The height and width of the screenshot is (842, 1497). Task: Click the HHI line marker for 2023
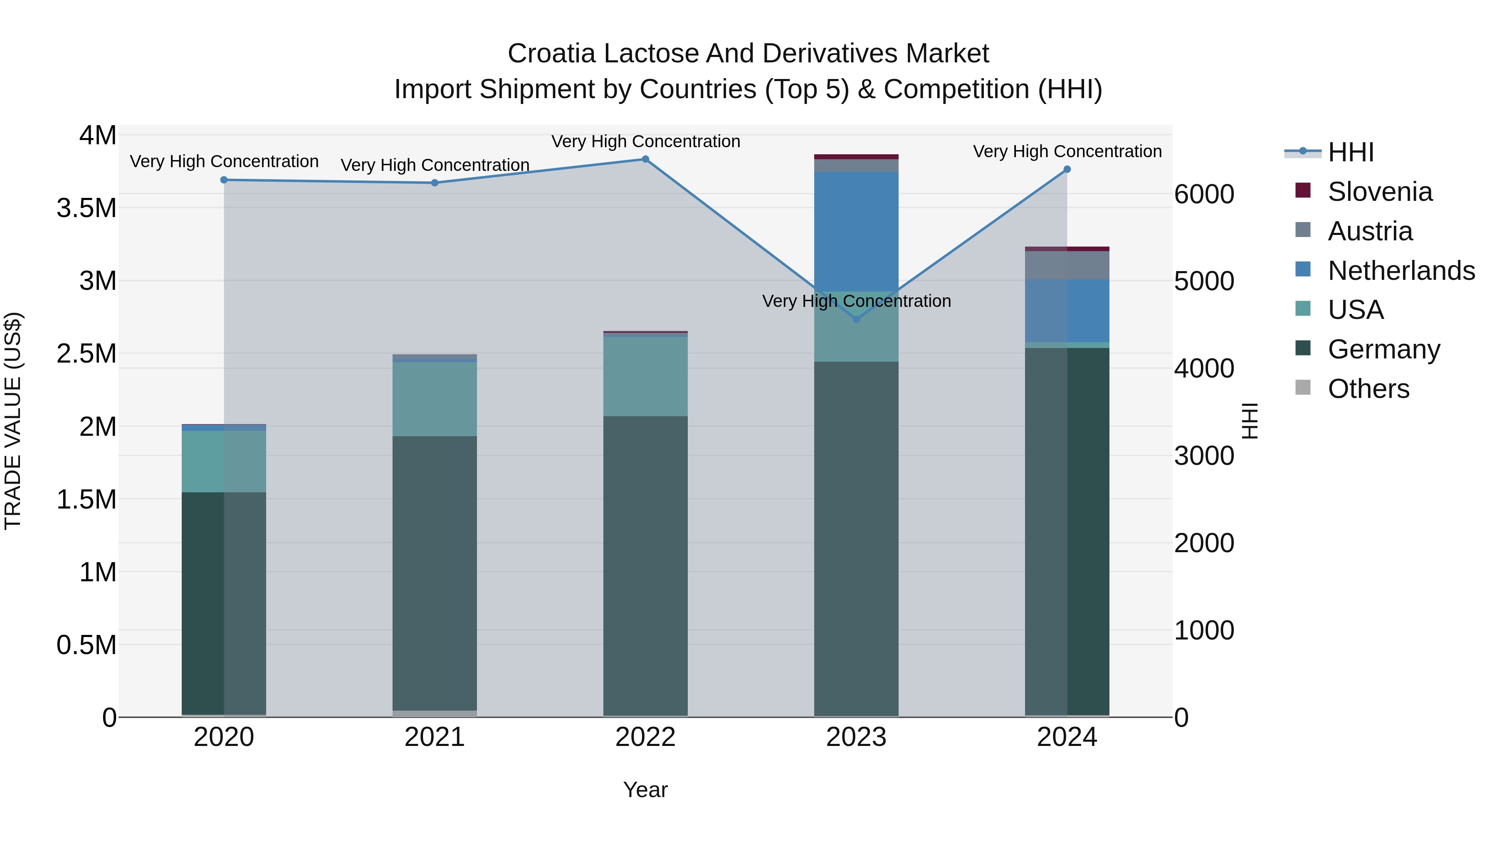(x=856, y=319)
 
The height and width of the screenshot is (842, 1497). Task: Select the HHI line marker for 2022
(x=645, y=159)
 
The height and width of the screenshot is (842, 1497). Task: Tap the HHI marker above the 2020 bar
(x=224, y=180)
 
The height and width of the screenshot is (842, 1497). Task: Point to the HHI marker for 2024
(x=1067, y=170)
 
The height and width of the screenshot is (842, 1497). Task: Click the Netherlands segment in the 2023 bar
(x=856, y=231)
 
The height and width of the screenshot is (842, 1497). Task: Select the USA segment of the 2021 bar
(x=435, y=399)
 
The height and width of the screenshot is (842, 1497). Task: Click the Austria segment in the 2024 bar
(x=1067, y=266)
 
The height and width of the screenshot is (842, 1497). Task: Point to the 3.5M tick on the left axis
(x=86, y=208)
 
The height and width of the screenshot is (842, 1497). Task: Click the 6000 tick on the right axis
(x=1204, y=194)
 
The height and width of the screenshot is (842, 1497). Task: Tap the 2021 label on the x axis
(x=435, y=737)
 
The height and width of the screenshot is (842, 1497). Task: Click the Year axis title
(x=645, y=790)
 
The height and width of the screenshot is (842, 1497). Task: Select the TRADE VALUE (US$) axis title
(x=13, y=421)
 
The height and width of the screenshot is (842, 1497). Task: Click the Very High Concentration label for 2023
(x=856, y=301)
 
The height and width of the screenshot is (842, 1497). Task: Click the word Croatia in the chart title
(x=551, y=54)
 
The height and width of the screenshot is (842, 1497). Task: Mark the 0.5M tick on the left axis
(x=86, y=645)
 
